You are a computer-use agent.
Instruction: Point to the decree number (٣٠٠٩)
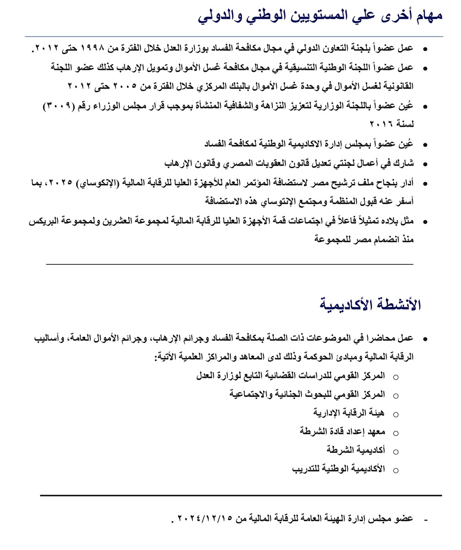59,106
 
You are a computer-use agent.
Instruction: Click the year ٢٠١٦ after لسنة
382,124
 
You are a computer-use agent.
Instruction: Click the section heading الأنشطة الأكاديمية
370,305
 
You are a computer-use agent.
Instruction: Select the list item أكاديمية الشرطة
356,450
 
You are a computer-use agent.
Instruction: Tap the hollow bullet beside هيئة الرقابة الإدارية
396,414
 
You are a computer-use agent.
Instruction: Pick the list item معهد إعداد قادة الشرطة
342,432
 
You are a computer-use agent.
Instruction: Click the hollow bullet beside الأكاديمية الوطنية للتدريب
396,470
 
